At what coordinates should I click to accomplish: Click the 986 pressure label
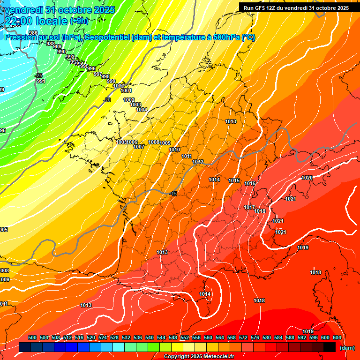point(33,32)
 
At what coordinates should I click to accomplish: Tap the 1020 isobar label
point(307,178)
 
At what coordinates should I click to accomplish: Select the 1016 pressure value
point(250,183)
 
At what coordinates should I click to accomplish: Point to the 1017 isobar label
point(249,207)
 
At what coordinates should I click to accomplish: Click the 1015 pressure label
point(234,180)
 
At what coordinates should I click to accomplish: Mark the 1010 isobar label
point(174,150)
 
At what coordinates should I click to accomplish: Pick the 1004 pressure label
point(142,110)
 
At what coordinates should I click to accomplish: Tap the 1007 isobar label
point(138,147)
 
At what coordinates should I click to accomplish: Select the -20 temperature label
point(107,100)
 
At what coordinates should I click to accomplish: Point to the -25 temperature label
point(39,75)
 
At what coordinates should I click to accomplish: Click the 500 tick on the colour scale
point(32,337)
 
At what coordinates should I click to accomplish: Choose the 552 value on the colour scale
point(185,337)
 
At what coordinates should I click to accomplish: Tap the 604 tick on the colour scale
point(337,337)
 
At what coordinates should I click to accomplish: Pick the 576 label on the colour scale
point(255,337)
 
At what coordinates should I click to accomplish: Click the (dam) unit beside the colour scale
point(346,348)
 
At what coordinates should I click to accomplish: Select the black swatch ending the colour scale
point(330,347)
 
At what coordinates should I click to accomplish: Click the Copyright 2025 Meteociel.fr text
point(199,356)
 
